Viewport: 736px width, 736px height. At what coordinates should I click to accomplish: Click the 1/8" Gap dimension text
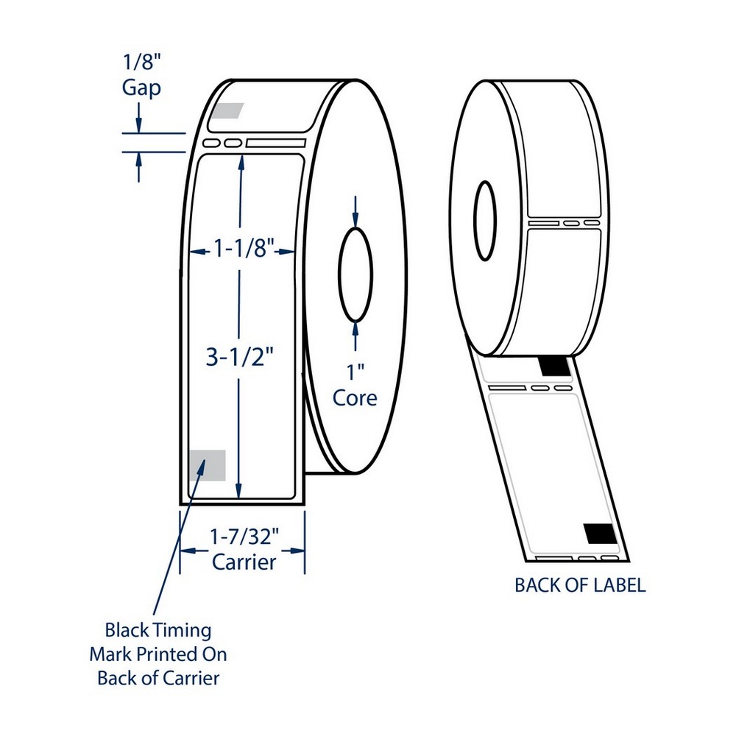coord(141,75)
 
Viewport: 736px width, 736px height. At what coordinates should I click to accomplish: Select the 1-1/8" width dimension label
coord(238,250)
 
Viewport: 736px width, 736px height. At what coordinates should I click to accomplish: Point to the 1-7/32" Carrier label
coord(244,549)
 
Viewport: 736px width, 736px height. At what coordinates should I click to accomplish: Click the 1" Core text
coord(355,386)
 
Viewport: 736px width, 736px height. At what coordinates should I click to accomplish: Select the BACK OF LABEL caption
coord(580,585)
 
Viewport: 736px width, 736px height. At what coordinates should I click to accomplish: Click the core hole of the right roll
coord(484,220)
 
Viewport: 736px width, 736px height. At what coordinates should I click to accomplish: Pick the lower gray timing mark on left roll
coord(207,465)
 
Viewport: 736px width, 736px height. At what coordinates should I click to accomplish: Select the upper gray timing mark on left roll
coord(227,110)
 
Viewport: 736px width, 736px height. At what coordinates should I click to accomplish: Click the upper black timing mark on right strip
coord(553,364)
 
